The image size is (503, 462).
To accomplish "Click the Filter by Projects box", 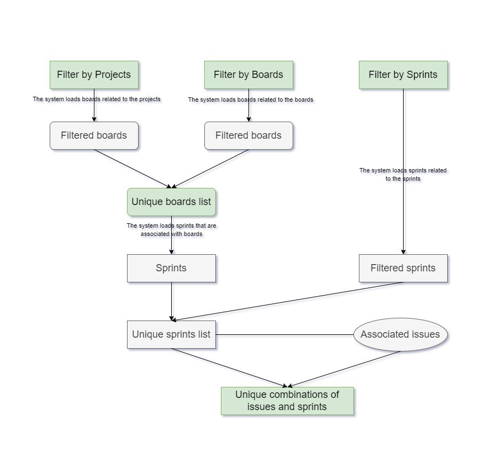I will pyautogui.click(x=94, y=75).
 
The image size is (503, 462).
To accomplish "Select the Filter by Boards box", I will pyautogui.click(x=248, y=75).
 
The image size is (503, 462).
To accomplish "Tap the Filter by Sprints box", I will pyautogui.click(x=403, y=75).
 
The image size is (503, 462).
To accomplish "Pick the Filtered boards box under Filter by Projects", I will pyautogui.click(x=94, y=135).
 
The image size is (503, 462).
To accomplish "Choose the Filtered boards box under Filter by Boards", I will pyautogui.click(x=248, y=135).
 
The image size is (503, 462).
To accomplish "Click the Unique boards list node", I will pyautogui.click(x=171, y=202).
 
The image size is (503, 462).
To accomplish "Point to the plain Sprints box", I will pyautogui.click(x=171, y=268).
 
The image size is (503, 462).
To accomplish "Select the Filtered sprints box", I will pyautogui.click(x=403, y=268).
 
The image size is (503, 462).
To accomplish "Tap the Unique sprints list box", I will pyautogui.click(x=171, y=334).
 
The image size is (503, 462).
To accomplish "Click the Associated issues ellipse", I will pyautogui.click(x=400, y=334).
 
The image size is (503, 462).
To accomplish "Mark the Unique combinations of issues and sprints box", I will pyautogui.click(x=287, y=401).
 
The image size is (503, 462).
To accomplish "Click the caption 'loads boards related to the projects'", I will pyautogui.click(x=97, y=99).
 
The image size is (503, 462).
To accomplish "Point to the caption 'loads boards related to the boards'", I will pyautogui.click(x=251, y=100).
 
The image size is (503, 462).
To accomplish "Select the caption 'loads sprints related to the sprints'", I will pyautogui.click(x=403, y=175).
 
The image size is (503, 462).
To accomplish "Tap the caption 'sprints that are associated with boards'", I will pyautogui.click(x=171, y=230).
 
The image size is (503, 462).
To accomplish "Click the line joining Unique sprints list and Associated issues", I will pyautogui.click(x=284, y=334).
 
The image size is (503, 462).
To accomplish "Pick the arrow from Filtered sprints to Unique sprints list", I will pyautogui.click(x=287, y=301).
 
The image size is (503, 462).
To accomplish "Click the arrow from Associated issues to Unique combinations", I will pyautogui.click(x=345, y=369).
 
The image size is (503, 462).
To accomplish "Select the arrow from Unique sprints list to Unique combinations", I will pyautogui.click(x=229, y=368).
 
